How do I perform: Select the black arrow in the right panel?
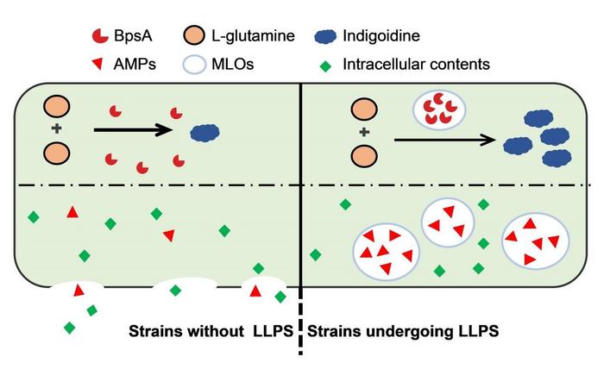[x=444, y=138]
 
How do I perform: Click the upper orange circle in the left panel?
[x=57, y=109]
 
